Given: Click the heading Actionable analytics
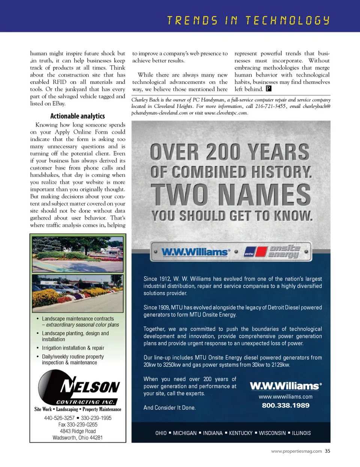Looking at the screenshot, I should (x=78, y=116).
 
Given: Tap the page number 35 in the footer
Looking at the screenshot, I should (x=328, y=451).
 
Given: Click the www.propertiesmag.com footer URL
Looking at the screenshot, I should (x=296, y=451).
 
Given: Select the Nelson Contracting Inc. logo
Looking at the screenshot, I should (x=78, y=388).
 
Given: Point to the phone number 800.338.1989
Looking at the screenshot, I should (x=286, y=405).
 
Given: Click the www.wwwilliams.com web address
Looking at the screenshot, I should (x=285, y=396).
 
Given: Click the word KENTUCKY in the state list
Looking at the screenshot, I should (x=241, y=433).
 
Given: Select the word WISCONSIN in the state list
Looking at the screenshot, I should (x=272, y=433).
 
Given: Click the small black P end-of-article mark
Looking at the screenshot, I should (x=268, y=89).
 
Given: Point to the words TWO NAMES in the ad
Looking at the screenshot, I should (x=231, y=195).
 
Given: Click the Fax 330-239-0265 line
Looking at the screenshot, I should (x=78, y=425).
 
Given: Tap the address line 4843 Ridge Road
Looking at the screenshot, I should (x=78, y=431).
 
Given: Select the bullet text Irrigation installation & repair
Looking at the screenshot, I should (x=73, y=348).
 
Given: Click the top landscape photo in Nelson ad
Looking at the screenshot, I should (x=78, y=254).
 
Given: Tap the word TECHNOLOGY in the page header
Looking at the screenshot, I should (x=288, y=20).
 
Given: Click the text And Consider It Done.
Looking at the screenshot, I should (x=169, y=408).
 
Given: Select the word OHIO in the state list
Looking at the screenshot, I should (x=161, y=433).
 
